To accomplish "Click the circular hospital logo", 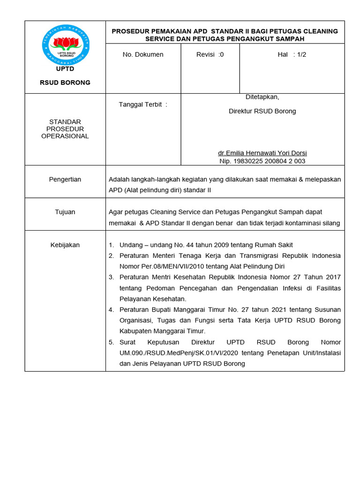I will (x=65, y=45).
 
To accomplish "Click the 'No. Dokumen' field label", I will (x=143, y=54).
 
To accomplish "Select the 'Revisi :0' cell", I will (x=210, y=54).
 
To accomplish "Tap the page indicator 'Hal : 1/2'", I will (x=292, y=54).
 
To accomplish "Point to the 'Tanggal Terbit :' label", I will (x=143, y=105).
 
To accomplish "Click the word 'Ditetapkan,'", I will (x=262, y=97).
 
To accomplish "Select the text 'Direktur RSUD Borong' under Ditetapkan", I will (x=262, y=111).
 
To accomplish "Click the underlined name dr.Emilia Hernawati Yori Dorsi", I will (x=262, y=153).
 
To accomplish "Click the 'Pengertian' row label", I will (x=65, y=179).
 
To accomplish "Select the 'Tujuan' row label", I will (x=65, y=212).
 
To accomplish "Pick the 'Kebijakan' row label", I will (x=65, y=245).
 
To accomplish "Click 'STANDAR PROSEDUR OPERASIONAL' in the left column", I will (x=65, y=129).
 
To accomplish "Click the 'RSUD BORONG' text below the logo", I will (x=65, y=82).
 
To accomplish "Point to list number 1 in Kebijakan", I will (x=111, y=245).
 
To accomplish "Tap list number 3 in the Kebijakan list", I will (x=111, y=277).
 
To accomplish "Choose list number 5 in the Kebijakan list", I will (x=111, y=342).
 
